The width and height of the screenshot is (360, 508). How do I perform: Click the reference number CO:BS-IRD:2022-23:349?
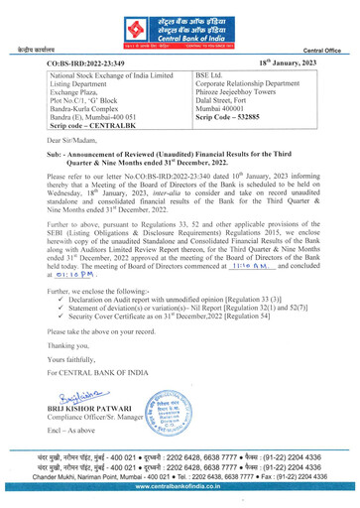click(x=91, y=63)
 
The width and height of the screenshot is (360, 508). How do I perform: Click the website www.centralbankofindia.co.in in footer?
click(x=180, y=496)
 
